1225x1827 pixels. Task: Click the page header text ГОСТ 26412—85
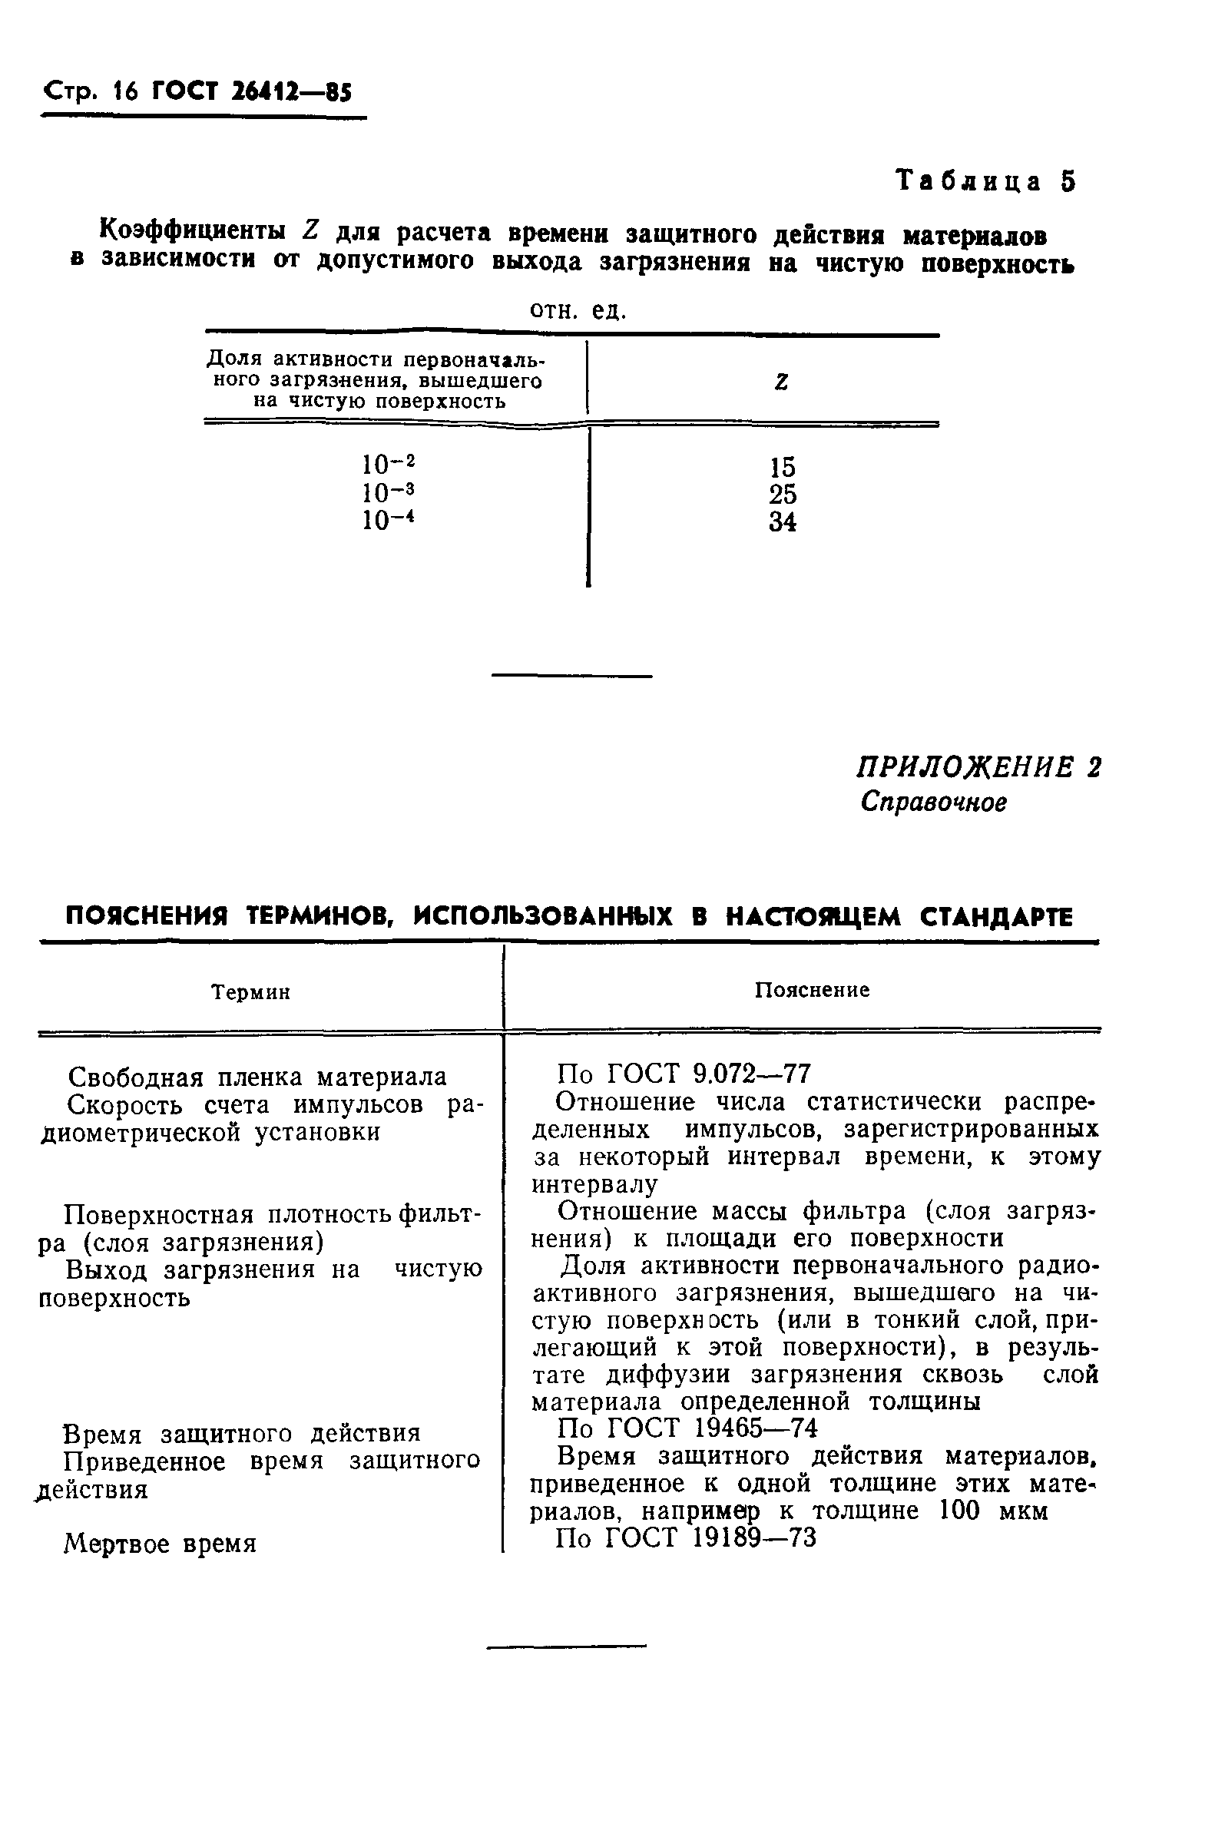tap(252, 93)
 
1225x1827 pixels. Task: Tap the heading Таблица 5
tap(986, 181)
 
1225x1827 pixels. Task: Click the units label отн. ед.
tap(578, 311)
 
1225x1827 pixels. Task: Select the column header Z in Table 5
tap(780, 382)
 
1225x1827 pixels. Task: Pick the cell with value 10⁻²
tap(389, 464)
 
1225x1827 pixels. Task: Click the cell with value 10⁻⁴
tap(389, 519)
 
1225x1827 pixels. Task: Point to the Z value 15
tap(782, 467)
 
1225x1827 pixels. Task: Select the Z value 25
tap(782, 495)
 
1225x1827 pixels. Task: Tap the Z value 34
tap(782, 521)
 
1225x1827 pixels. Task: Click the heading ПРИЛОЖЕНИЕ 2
tap(979, 768)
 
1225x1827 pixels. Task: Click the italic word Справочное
tap(934, 803)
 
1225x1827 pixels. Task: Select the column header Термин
tap(251, 992)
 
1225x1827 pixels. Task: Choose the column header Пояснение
tap(812, 991)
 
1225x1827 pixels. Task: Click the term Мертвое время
tap(161, 1544)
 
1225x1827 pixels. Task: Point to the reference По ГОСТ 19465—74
tap(687, 1428)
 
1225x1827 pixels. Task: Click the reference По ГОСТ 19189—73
tap(686, 1538)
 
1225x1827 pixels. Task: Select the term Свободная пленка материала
tap(257, 1077)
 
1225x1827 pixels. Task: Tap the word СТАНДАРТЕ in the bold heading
tap(996, 917)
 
